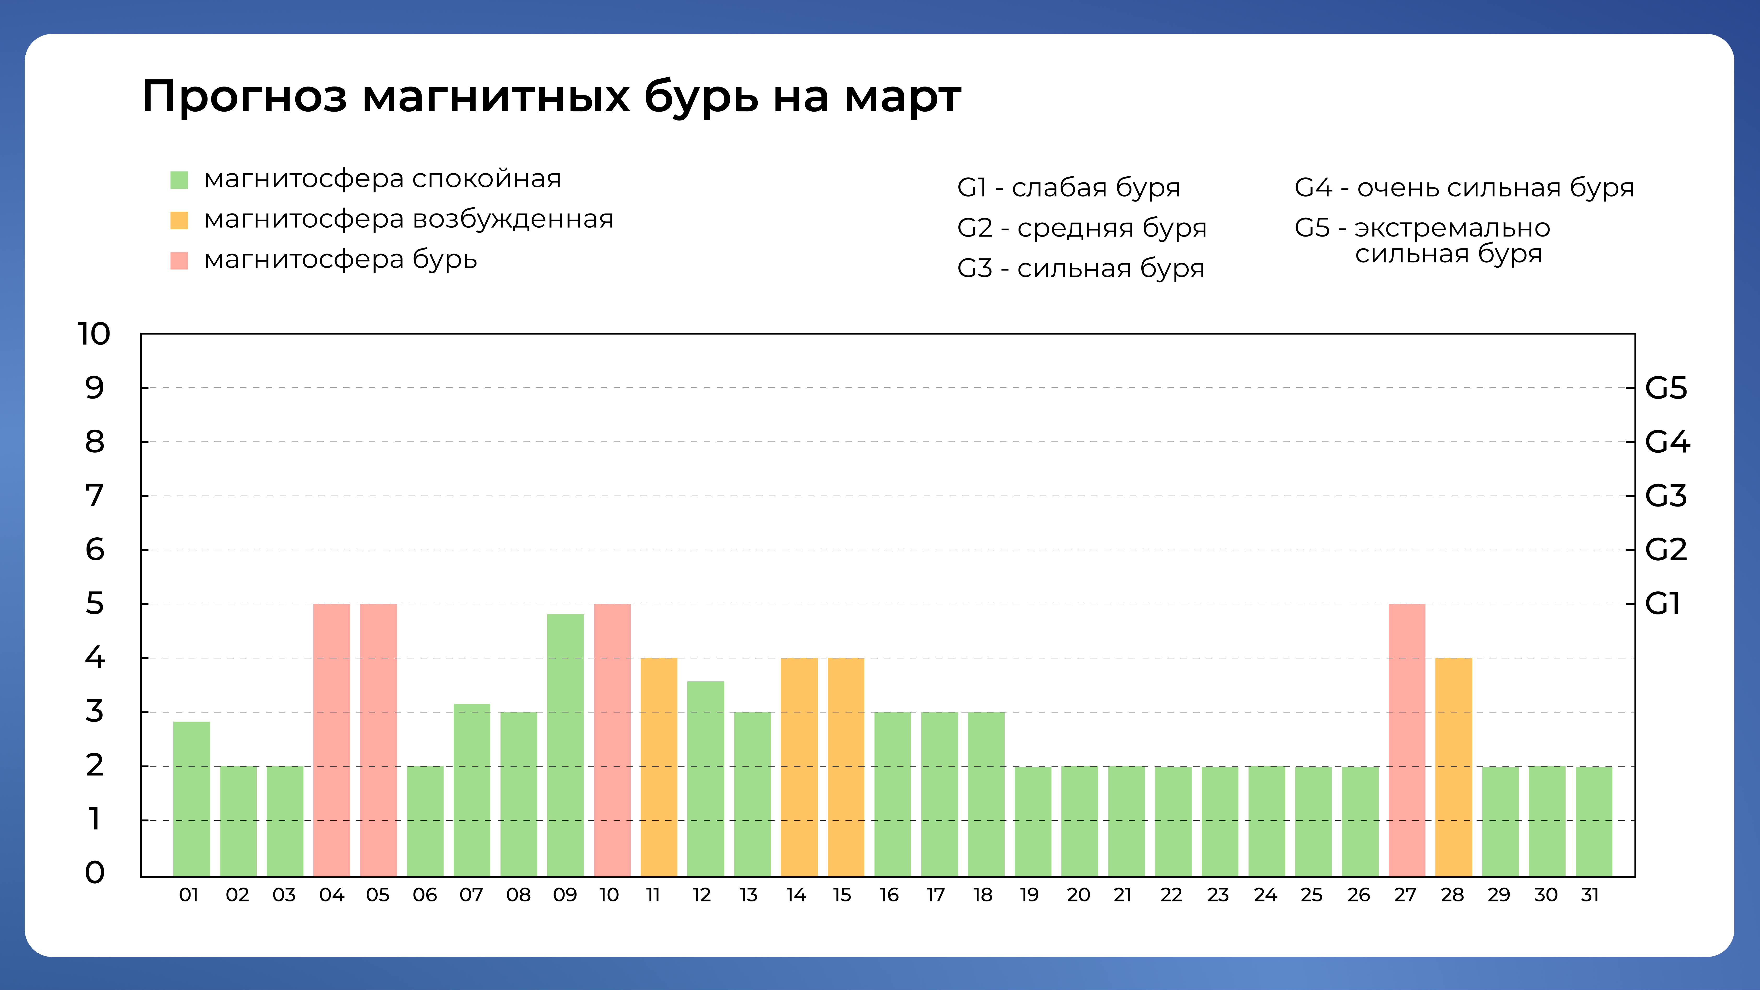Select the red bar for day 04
pos(331,740)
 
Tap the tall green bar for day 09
pos(565,745)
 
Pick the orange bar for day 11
pos(659,767)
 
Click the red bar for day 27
pos(1407,740)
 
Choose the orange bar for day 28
pos(1453,767)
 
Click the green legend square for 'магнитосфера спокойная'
pos(179,180)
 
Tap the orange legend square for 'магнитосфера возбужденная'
pos(179,220)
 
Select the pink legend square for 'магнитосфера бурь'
pos(179,260)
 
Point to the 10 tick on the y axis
pos(94,334)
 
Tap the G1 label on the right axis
pos(1662,604)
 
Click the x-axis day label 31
pos(1590,895)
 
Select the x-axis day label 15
pos(842,895)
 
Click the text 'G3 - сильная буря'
pos(1080,268)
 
